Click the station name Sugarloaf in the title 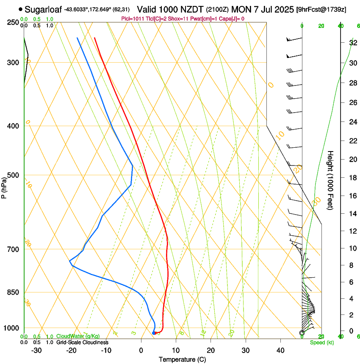(x=44, y=9)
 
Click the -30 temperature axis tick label (x=36, y=350)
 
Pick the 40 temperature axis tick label (x=280, y=350)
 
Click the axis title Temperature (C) (x=182, y=359)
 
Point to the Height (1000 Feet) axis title (x=330, y=180)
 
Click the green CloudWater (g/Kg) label (x=78, y=336)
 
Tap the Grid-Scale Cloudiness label (x=82, y=342)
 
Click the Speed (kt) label (x=321, y=342)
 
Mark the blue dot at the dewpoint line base (x=154, y=333)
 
